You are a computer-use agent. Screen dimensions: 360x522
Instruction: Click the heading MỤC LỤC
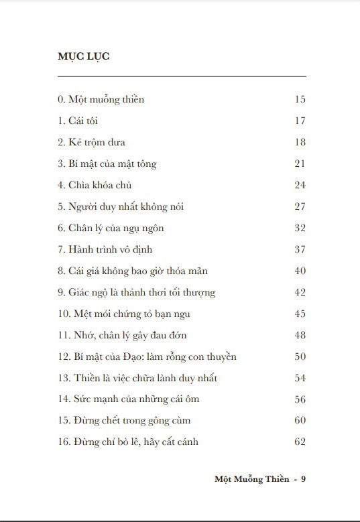click(84, 56)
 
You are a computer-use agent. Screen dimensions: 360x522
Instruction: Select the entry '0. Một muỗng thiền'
click(101, 100)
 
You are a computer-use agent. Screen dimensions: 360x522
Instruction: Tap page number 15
click(300, 100)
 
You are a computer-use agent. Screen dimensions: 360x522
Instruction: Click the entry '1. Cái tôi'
click(78, 121)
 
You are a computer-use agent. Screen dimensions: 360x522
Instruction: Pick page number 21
click(300, 164)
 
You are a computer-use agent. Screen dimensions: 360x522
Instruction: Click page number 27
click(300, 206)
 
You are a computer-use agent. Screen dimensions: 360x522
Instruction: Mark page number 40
click(300, 271)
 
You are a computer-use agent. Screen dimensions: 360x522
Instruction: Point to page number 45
click(300, 314)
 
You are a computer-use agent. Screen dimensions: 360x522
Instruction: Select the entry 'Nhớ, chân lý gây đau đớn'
click(124, 335)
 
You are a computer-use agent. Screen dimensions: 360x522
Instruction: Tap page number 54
click(300, 378)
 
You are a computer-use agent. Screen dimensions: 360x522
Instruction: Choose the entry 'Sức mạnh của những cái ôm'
click(129, 399)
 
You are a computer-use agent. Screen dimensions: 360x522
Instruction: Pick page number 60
click(300, 421)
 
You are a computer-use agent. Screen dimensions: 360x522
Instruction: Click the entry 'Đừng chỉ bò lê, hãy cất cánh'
click(128, 442)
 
